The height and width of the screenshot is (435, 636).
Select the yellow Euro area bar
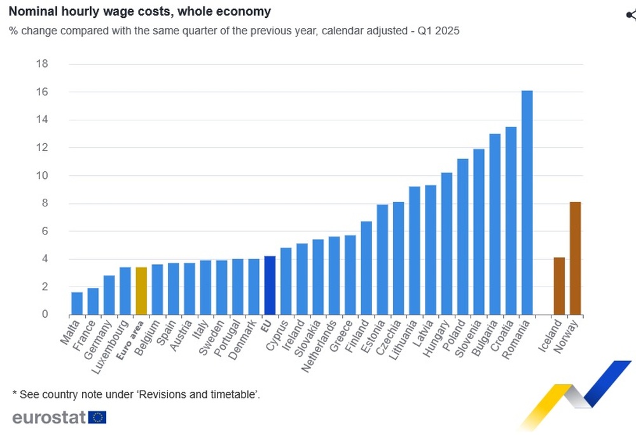click(141, 290)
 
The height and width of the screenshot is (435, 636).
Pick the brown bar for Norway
click(575, 258)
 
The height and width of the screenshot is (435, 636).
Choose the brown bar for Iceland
click(559, 286)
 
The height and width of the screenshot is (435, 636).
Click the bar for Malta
click(76, 303)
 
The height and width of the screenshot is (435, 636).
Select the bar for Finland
click(366, 267)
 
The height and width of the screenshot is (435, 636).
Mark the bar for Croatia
click(511, 220)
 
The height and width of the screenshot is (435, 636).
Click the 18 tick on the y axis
click(43, 64)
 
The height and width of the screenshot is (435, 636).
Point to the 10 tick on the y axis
click(43, 176)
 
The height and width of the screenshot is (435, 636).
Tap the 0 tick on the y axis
click(45, 315)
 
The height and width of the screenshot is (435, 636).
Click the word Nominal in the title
click(32, 11)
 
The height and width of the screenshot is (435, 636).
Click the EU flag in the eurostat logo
click(97, 418)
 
